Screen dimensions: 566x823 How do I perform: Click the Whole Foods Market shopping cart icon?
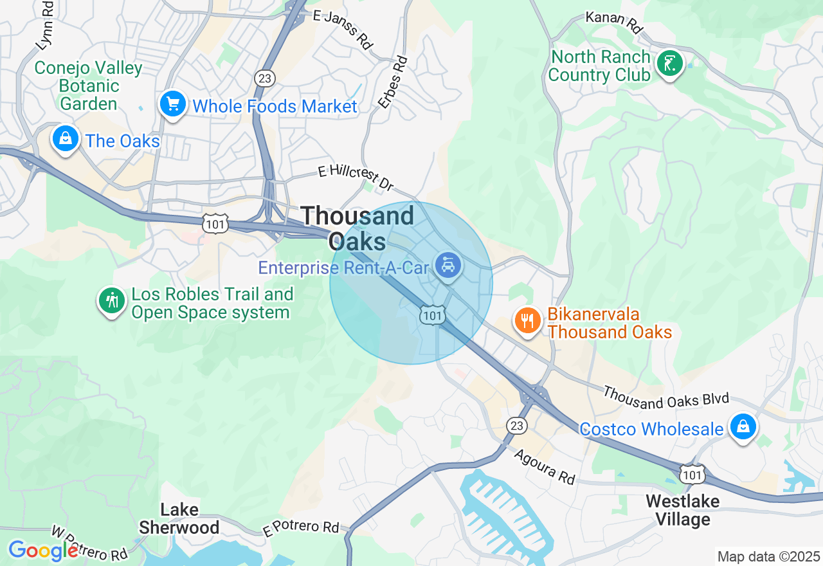pos(173,104)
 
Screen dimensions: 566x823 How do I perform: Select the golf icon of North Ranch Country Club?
pos(670,64)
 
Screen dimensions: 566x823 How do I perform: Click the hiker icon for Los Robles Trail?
pos(112,300)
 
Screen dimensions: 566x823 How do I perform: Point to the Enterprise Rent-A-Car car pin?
pos(448,266)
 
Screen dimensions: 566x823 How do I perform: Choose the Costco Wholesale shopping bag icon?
pos(743,426)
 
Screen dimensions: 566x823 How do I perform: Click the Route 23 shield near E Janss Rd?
pos(265,78)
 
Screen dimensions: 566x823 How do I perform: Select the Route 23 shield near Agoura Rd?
pos(516,425)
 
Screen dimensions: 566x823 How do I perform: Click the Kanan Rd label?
pos(615,21)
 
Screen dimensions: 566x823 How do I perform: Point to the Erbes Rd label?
pos(393,82)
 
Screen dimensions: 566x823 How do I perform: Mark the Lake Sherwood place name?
pos(179,519)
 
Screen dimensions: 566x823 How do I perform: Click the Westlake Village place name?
pos(682,510)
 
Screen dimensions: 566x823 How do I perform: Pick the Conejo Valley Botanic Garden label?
pos(88,86)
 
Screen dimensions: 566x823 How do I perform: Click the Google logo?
pos(43,551)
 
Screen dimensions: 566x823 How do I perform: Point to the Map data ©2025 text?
pos(768,556)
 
